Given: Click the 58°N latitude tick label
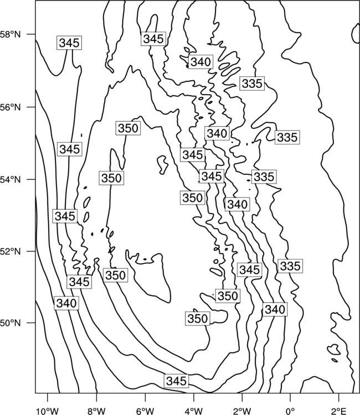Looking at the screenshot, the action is point(11,34).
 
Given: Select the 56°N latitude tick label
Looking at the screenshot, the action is point(11,107).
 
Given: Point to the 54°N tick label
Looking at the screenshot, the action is point(11,180).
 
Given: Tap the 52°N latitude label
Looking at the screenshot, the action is point(11,251).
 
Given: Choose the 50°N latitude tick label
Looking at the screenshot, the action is point(11,323).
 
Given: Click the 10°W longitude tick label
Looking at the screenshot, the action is point(48,411).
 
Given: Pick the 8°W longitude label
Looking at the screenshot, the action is point(97,411).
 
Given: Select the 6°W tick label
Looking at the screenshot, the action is point(145,411).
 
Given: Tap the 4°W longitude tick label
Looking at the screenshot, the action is point(193,411).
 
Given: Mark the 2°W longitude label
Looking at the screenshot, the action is point(242,411).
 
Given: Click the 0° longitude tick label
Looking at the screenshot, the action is point(290,411).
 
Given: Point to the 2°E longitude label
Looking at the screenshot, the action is point(339,411).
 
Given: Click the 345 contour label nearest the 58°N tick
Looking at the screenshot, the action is point(69,43).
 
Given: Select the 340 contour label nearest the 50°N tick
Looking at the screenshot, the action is point(66,303).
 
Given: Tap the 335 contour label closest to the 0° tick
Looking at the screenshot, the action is point(290,266).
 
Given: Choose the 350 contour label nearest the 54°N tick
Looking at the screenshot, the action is point(111,178).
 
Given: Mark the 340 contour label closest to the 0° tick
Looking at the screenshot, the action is point(275,309).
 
